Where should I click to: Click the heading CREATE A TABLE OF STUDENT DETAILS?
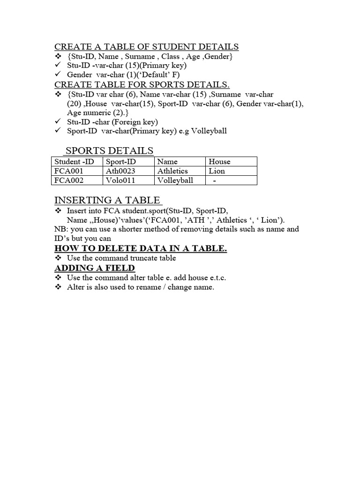(x=147, y=46)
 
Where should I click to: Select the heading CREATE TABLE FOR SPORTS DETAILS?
(x=142, y=84)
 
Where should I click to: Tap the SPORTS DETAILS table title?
(x=109, y=150)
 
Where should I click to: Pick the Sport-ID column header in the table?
(x=121, y=162)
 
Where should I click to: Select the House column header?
(x=219, y=162)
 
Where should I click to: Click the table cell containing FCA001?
(x=68, y=171)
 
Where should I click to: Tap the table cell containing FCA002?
(x=68, y=180)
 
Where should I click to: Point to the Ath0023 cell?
(x=121, y=171)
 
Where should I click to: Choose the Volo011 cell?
(x=120, y=180)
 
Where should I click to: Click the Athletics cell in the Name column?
(x=172, y=171)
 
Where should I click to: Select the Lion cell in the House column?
(x=217, y=171)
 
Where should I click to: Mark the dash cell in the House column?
(x=215, y=180)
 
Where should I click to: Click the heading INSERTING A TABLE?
(x=108, y=200)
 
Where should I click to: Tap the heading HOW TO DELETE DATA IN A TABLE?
(x=141, y=248)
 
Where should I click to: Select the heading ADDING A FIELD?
(x=95, y=268)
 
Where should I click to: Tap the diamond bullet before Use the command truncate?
(x=58, y=258)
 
